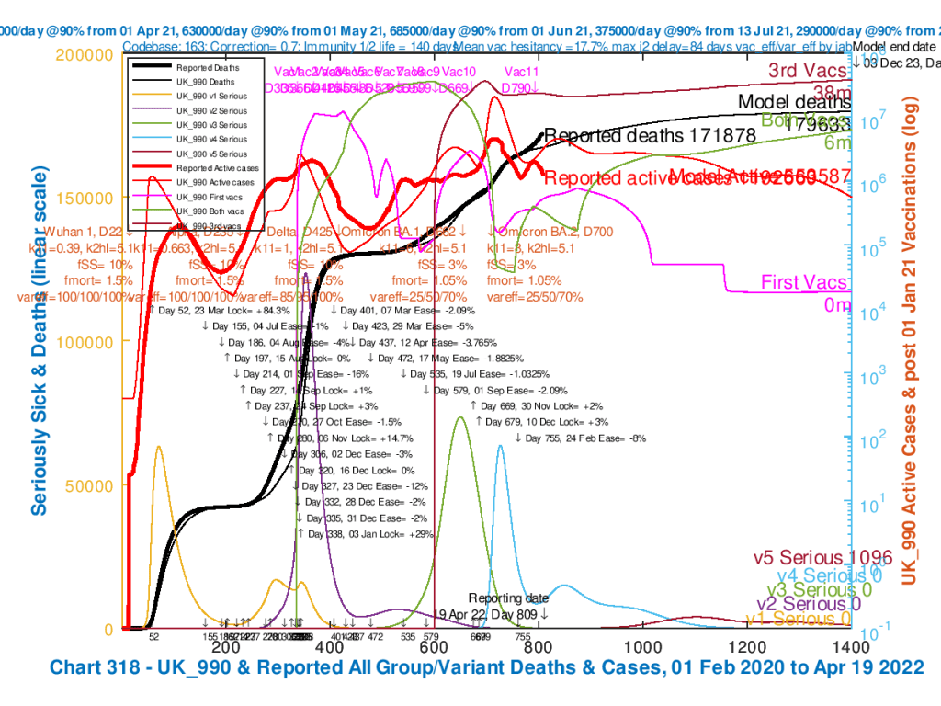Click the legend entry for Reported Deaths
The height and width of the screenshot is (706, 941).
209,66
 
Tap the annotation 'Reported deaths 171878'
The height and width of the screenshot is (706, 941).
650,136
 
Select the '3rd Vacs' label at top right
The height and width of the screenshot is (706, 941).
809,72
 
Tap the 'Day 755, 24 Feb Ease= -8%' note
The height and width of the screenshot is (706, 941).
586,438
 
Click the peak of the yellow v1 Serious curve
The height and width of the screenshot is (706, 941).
159,447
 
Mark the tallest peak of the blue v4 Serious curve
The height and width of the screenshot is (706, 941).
500,445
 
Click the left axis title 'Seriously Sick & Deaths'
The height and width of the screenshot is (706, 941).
40,340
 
